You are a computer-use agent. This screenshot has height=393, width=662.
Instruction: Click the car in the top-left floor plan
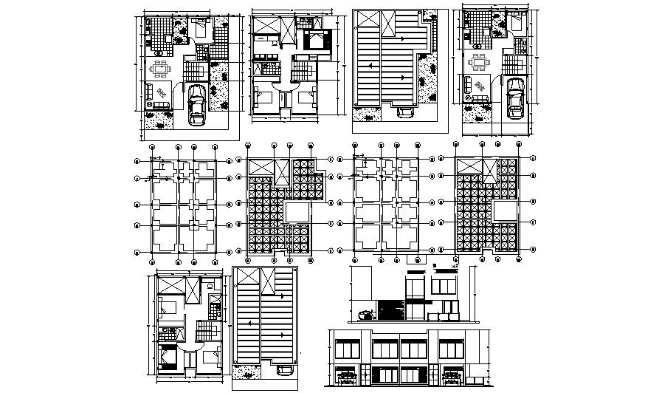click(197, 105)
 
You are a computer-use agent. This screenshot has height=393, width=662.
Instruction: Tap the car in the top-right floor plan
click(515, 98)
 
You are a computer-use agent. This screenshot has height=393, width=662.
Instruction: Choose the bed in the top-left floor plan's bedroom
click(201, 30)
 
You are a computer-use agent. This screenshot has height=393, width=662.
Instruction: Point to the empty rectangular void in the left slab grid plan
click(298, 213)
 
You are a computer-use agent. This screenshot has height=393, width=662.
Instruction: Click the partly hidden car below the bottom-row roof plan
click(284, 377)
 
